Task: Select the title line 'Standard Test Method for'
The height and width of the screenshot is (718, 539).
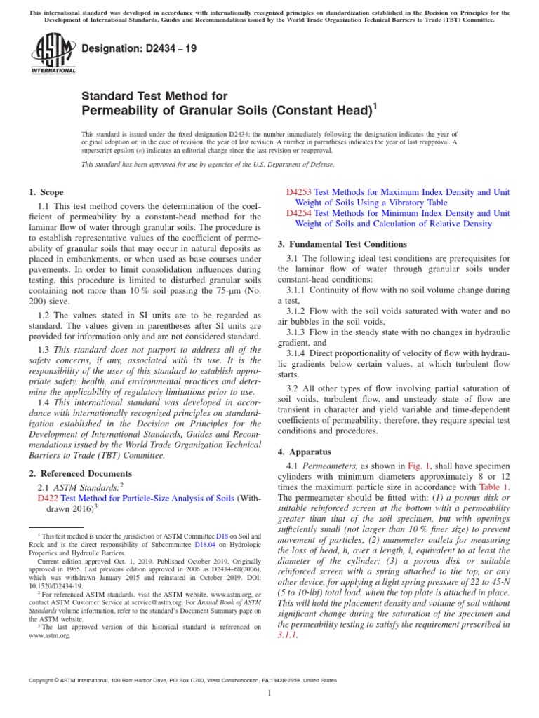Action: pyautogui.click(x=154, y=95)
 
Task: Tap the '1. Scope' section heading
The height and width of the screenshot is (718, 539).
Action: pyautogui.click(x=46, y=192)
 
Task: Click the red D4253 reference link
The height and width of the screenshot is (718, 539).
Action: pyautogui.click(x=299, y=192)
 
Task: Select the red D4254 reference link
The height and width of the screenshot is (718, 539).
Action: pyautogui.click(x=299, y=213)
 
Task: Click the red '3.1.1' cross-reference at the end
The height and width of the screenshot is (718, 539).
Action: pyautogui.click(x=288, y=635)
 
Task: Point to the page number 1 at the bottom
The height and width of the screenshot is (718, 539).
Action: pyautogui.click(x=269, y=693)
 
